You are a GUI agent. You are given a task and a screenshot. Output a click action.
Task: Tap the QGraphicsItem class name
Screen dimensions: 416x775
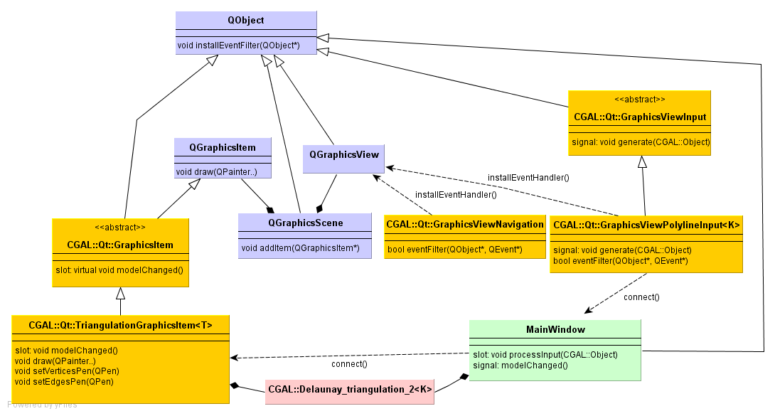[222, 147]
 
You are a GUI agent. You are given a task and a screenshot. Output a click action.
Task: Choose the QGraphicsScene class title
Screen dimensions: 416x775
[304, 223]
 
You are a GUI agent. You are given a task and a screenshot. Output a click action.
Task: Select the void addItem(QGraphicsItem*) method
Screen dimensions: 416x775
[301, 247]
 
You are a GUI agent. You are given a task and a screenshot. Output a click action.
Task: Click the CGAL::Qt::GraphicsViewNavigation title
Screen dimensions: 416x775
[465, 225]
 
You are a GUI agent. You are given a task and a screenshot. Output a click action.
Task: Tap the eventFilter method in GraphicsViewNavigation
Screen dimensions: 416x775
[454, 249]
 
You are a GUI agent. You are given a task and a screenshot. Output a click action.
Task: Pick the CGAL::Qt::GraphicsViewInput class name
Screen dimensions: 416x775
[639, 117]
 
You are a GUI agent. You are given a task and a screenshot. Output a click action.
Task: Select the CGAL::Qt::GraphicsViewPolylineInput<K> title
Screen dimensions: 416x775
[646, 225]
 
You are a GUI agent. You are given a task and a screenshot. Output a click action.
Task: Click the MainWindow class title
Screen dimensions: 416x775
[555, 330]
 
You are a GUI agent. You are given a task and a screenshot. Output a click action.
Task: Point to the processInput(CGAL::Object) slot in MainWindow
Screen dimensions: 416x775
[545, 354]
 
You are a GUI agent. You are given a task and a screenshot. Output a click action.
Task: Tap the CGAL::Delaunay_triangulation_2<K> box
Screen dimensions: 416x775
[350, 390]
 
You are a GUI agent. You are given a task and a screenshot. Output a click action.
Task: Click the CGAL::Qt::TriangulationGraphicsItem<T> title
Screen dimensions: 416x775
[120, 325]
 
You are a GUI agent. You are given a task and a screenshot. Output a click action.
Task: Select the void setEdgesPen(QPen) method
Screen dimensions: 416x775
[64, 381]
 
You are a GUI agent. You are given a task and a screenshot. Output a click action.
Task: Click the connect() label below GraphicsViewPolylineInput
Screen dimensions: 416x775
[641, 297]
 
